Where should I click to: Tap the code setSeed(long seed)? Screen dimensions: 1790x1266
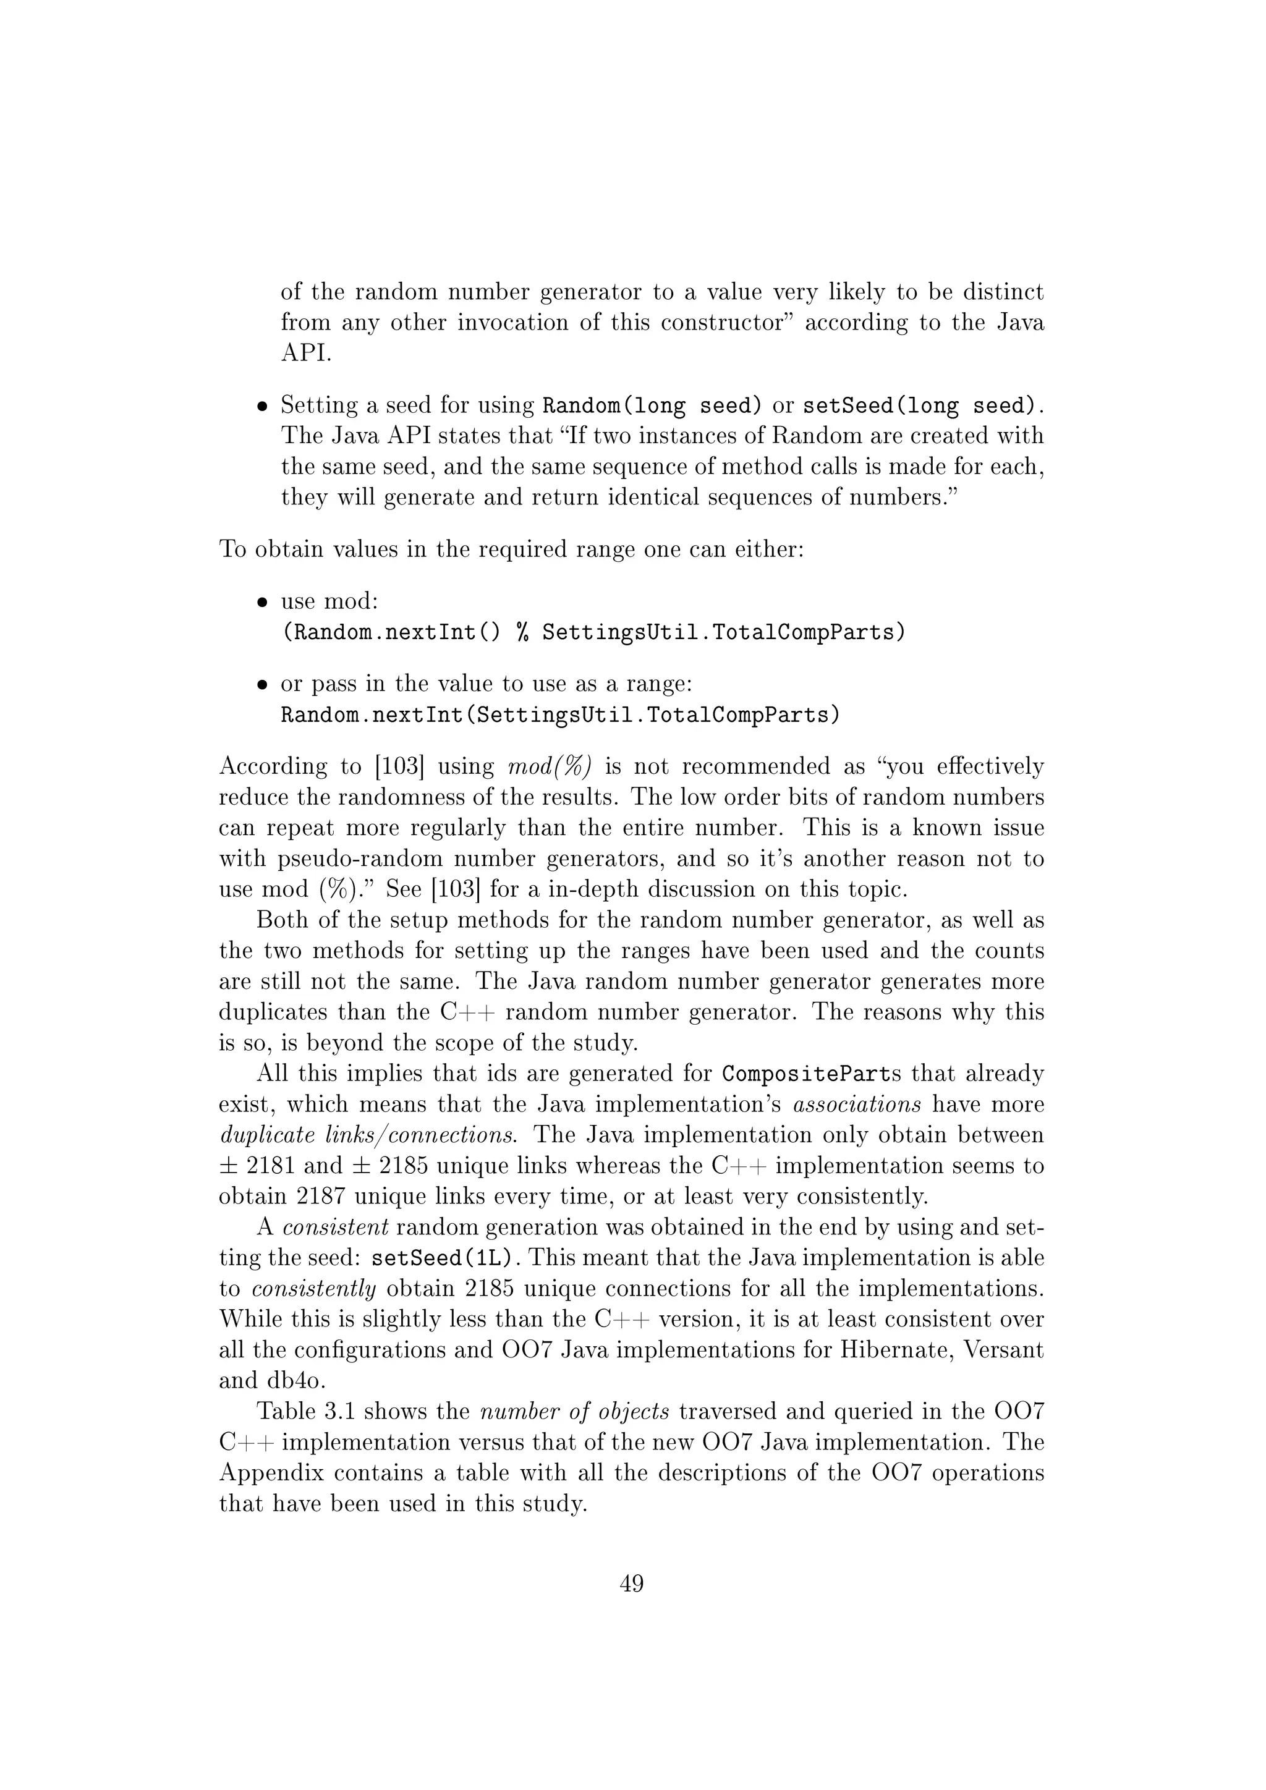pos(922,405)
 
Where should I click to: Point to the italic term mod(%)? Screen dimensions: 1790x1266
pos(550,766)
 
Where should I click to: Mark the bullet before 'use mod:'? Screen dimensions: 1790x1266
pos(263,603)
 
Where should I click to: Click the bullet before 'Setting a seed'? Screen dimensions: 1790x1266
pos(263,406)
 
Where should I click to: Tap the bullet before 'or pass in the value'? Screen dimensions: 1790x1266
pos(263,685)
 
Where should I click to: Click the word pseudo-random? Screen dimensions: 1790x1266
pos(361,859)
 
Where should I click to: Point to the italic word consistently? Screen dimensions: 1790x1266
pos(314,1289)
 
